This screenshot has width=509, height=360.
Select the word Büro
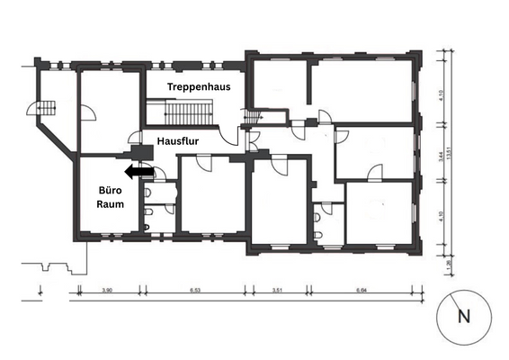[110, 190]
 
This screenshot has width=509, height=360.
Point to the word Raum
[110, 204]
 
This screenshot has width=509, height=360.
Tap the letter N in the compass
[464, 316]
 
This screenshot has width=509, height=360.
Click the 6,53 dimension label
[192, 291]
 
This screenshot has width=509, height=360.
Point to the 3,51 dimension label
[276, 291]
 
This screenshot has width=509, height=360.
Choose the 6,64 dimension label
[363, 291]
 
